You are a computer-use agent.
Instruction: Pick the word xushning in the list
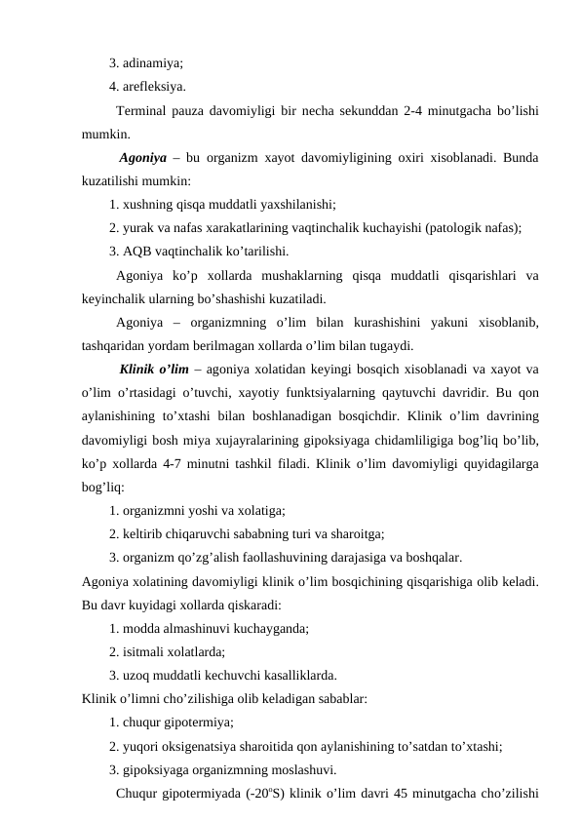click(x=151, y=205)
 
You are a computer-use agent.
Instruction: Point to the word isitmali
click(x=147, y=651)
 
